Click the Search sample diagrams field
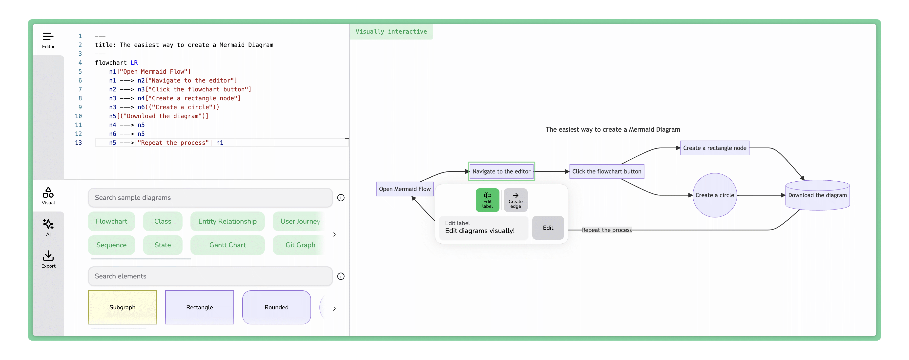(x=210, y=198)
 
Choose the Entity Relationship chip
(x=227, y=221)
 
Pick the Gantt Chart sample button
(x=227, y=245)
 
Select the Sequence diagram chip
(x=111, y=245)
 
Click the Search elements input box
(x=210, y=276)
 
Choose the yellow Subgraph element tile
(x=122, y=307)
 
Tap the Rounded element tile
(x=276, y=307)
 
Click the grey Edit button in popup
(x=548, y=228)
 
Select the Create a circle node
(x=715, y=195)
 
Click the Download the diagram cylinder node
(x=817, y=195)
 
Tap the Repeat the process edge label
(x=607, y=230)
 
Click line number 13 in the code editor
(x=78, y=143)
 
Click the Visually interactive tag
(x=391, y=31)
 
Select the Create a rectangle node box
(x=715, y=148)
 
